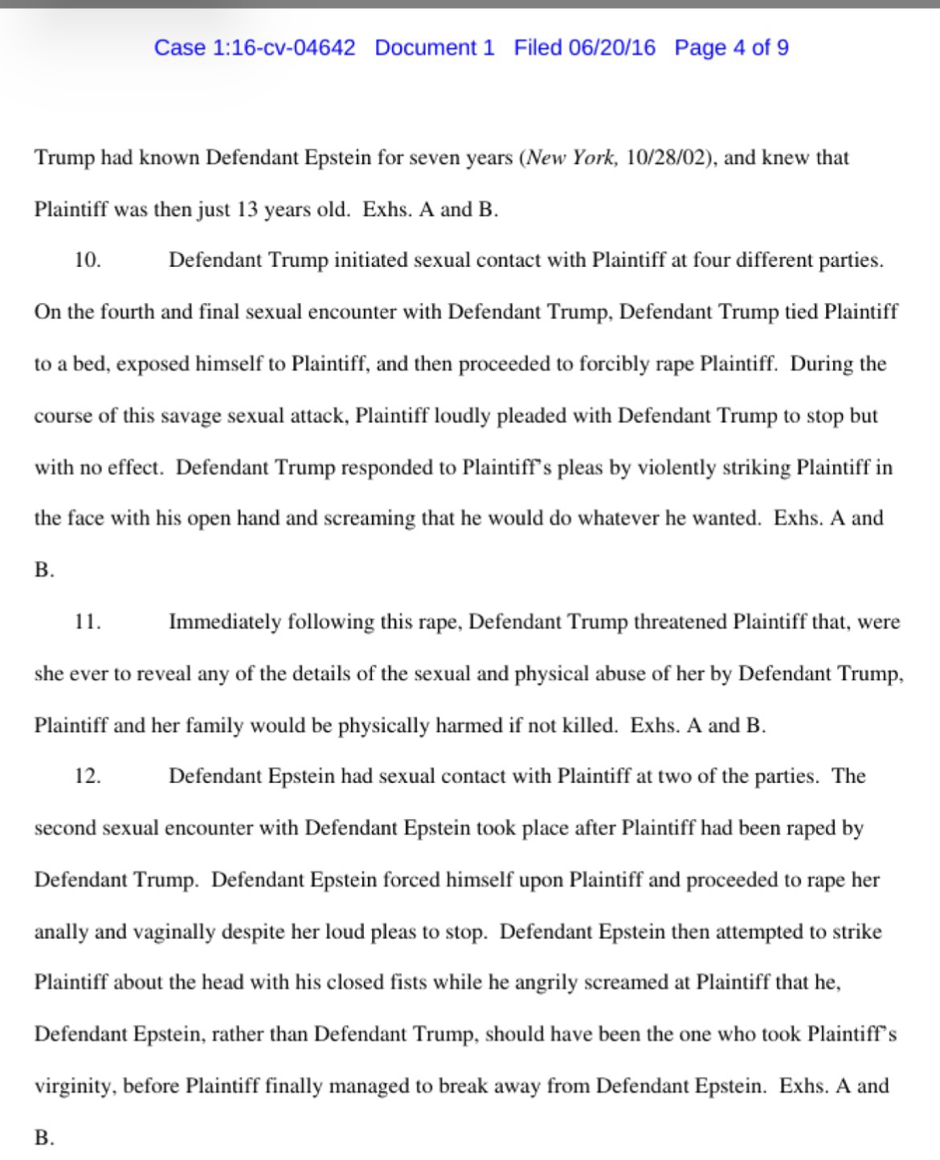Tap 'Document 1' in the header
[435, 47]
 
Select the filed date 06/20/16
[611, 47]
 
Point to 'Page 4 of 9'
[731, 47]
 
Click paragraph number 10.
[88, 260]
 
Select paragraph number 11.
[88, 622]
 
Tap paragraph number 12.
[88, 777]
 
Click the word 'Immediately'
[225, 622]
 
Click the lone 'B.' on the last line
[44, 1137]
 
